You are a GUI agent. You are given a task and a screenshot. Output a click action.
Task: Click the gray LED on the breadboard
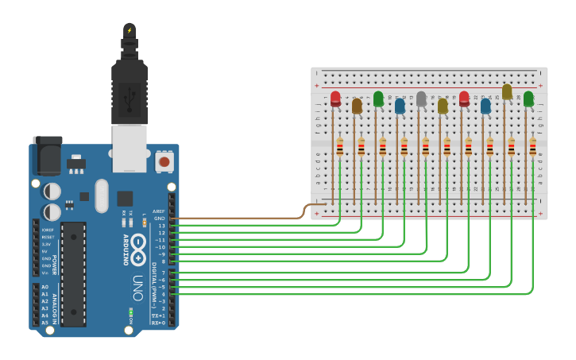coord(421,99)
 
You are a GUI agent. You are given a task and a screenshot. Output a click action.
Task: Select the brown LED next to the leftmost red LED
coord(357,105)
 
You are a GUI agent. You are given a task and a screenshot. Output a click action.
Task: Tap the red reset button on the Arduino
coord(164,161)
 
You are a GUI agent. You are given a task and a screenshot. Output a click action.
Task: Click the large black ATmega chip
coord(73,273)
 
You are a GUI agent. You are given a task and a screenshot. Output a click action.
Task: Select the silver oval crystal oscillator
coord(100,195)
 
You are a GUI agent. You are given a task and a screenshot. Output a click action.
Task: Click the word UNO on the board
coord(138,287)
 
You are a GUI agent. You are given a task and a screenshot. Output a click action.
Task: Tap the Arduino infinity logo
coord(139,248)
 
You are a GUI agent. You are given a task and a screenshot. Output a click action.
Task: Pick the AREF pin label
coord(159,211)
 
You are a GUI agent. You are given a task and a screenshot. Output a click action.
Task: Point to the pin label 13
coord(162,226)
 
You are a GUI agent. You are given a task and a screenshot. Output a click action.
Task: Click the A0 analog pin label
coord(44,287)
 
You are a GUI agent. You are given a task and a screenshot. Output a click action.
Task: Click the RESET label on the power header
coord(47,237)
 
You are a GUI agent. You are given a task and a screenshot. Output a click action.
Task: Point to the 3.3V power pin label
coord(46,244)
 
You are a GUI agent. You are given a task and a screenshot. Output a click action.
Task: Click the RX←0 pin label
coord(158,323)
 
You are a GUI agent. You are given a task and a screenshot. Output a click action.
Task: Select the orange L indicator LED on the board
coord(144,223)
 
